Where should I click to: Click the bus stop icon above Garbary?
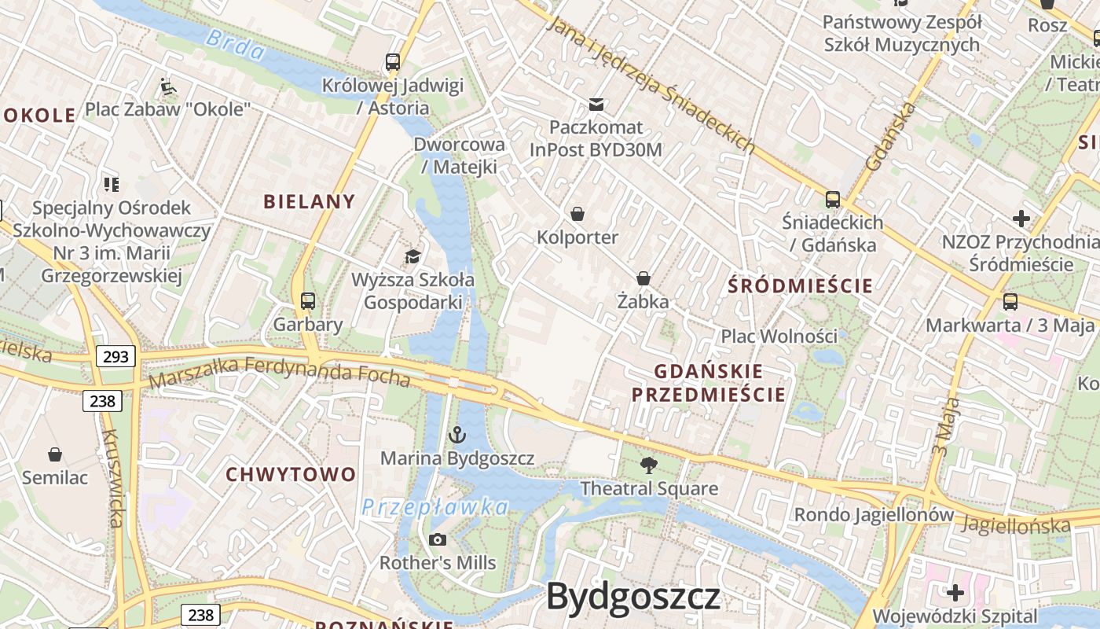[307, 300]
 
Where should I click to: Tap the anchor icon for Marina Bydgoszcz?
[456, 434]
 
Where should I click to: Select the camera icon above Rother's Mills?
[438, 539]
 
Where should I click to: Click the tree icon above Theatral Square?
[648, 465]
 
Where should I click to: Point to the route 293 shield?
[115, 357]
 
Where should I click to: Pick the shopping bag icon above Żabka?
[643, 278]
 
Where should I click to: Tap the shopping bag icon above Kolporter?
[577, 214]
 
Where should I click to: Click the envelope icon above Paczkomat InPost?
[596, 104]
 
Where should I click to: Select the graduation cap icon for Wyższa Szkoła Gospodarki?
[412, 256]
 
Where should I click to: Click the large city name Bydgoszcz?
[633, 597]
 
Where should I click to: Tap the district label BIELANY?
[310, 201]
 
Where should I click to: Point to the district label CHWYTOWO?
[291, 475]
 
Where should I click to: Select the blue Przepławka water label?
[434, 508]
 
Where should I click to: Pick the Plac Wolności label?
[779, 337]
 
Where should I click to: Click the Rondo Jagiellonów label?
[874, 515]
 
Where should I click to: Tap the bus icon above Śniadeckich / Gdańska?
[833, 200]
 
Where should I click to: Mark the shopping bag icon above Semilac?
[55, 454]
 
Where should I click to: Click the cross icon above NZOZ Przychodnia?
[1021, 218]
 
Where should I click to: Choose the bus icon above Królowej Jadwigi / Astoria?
[392, 62]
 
